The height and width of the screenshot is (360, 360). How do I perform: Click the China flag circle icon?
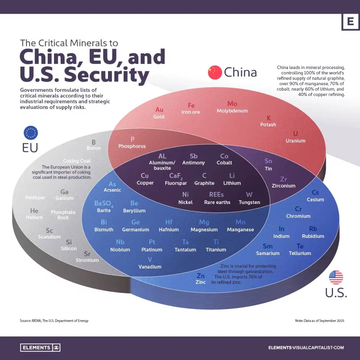pos(215,72)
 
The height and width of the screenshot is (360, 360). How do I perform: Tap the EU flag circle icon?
pos(31,133)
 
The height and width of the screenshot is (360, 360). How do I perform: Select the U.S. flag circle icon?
pos(336,277)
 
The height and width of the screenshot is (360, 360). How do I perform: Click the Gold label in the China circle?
pos(159,117)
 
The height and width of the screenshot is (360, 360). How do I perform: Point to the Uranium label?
pos(295,141)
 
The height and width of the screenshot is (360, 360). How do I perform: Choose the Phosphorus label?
pos(132,146)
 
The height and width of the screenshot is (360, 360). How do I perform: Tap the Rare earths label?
pos(217,202)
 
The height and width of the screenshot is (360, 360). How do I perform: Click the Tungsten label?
pos(249,202)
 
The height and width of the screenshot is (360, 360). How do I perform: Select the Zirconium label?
pos(283,186)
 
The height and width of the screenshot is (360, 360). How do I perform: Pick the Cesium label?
pos(315,199)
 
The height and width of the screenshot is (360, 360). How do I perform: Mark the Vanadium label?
pos(150,266)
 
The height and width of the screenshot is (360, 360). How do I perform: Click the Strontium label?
pos(87,260)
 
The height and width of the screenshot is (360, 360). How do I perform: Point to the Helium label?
pos(34,217)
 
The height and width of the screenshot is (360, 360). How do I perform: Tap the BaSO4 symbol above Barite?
pos(104,204)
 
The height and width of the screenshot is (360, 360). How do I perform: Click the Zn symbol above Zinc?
pos(201,276)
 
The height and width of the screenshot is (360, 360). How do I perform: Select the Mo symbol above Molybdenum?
pos(232,104)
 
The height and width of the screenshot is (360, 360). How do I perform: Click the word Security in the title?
pos(106,75)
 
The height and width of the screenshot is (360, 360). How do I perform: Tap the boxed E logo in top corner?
pos(350,22)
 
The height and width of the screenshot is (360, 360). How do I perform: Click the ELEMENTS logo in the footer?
pos(40,348)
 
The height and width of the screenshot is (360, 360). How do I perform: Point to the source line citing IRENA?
pos(54,321)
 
